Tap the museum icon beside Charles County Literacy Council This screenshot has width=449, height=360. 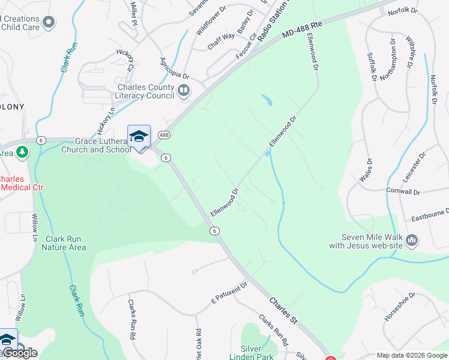click(184, 91)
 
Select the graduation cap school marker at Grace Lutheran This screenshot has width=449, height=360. click(139, 136)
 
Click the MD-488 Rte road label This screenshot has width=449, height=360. click(304, 32)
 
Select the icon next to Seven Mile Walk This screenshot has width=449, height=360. click(412, 241)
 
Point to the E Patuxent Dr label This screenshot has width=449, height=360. click(229, 293)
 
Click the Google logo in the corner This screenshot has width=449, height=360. click(20, 353)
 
